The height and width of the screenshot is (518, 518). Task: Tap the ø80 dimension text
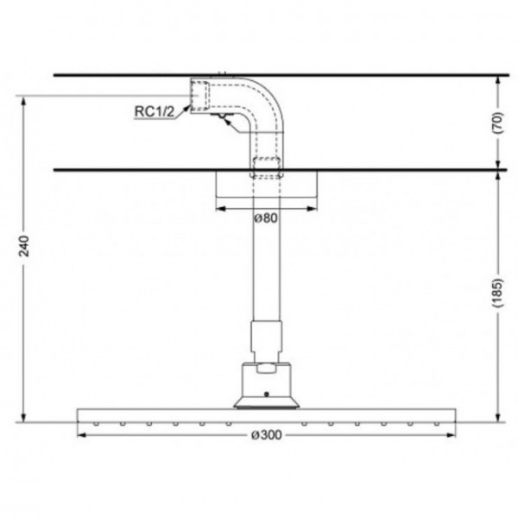pyautogui.click(x=266, y=218)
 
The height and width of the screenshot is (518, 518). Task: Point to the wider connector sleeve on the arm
pyautogui.click(x=267, y=340)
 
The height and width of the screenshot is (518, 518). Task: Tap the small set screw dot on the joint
pyautogui.click(x=267, y=395)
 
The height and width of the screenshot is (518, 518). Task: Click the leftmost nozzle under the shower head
pyautogui.click(x=97, y=424)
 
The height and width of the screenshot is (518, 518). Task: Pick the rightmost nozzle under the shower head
pyautogui.click(x=435, y=424)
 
